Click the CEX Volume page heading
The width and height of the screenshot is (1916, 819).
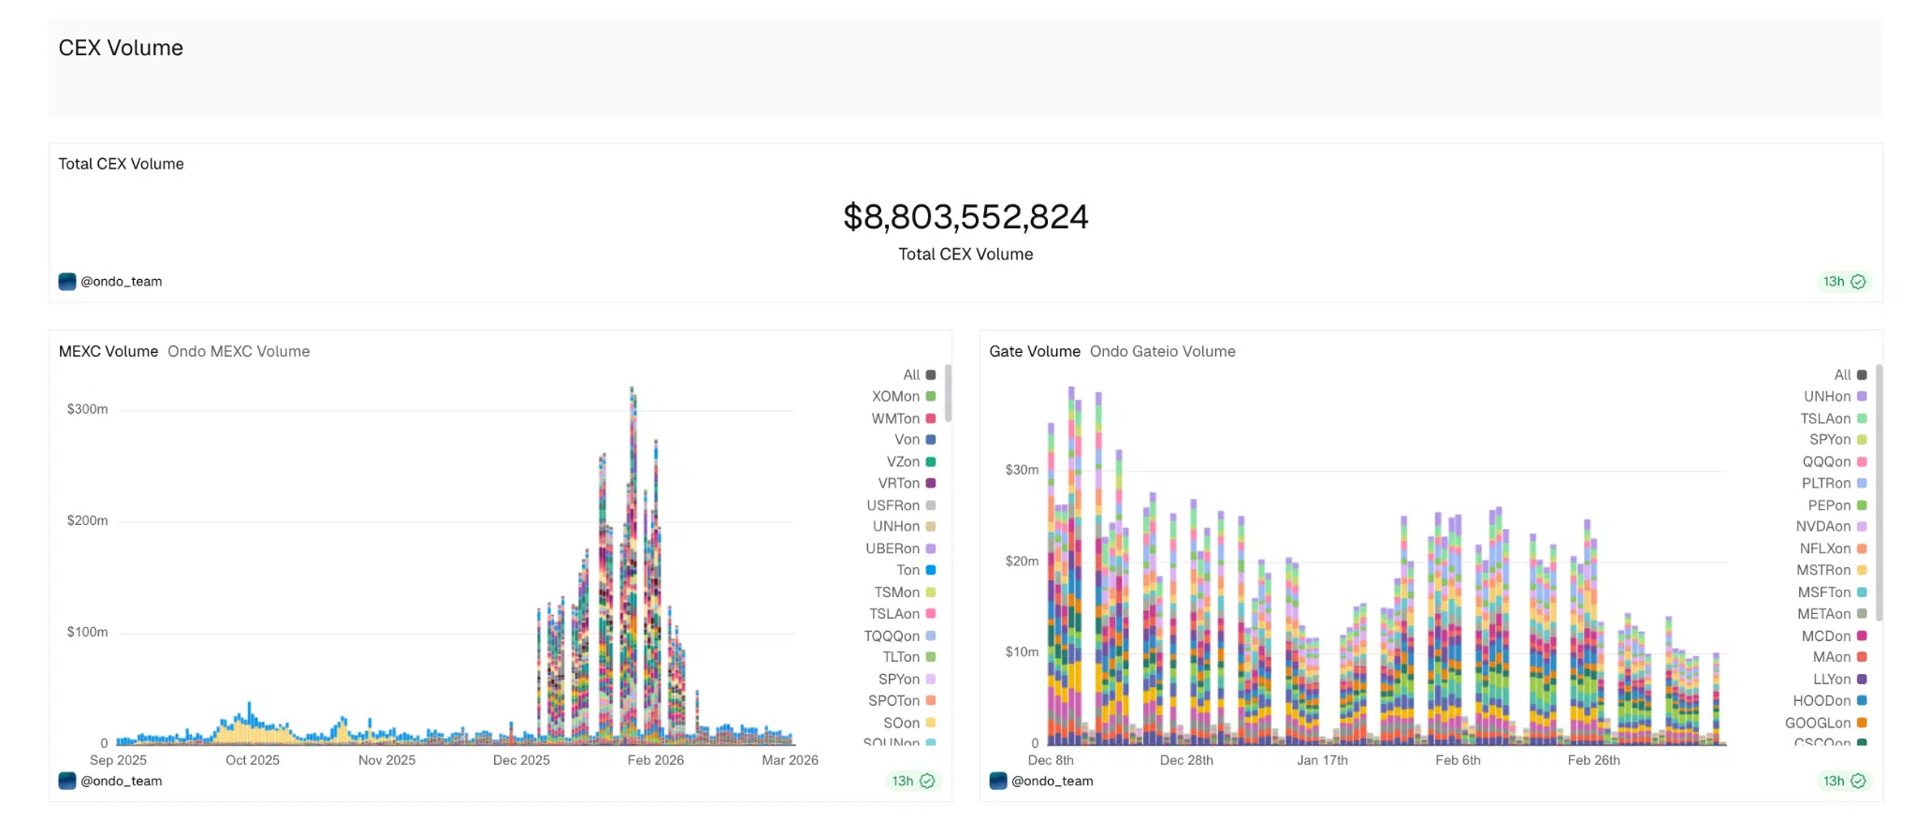pos(121,48)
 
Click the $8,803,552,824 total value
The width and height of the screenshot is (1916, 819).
pos(965,217)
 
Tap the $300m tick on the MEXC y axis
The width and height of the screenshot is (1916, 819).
pos(87,409)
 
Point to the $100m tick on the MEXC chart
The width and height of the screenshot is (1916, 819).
pos(87,632)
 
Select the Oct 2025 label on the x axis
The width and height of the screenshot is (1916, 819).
pos(252,760)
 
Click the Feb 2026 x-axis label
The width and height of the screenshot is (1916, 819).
pos(655,760)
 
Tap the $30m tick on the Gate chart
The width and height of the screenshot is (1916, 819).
pos(1022,470)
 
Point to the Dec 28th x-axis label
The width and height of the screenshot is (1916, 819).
pos(1186,760)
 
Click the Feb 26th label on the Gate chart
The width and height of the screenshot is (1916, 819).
pos(1593,760)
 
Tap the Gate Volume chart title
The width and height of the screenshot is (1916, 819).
pos(1035,351)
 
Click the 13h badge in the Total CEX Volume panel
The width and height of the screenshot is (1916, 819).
pos(1843,282)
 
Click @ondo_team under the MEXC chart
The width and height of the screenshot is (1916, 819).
pos(121,781)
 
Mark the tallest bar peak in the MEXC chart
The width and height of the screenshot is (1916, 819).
pos(632,389)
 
